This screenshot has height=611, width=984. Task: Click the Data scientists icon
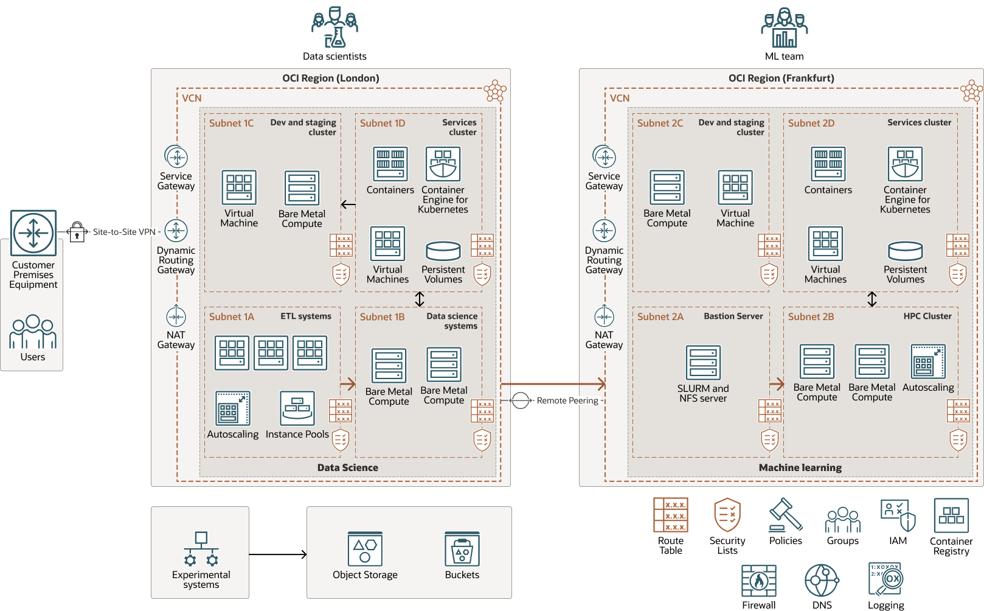pos(334,27)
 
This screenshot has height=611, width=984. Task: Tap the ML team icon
pos(784,27)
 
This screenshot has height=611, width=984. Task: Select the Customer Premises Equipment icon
pos(33,233)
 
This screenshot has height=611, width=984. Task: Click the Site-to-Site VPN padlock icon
pos(77,231)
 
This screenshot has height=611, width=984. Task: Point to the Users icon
pos(33,332)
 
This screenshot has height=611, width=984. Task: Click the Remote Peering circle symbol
pos(521,400)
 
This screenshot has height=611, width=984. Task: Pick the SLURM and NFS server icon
pos(703,363)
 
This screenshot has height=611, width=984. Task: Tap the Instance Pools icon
pos(297,408)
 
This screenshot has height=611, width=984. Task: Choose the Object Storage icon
pos(365,549)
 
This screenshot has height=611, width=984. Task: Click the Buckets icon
pos(462,549)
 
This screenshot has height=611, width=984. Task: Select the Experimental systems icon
pos(201,549)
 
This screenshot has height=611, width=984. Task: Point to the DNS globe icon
pos(822,581)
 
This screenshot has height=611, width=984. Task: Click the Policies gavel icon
pos(786,515)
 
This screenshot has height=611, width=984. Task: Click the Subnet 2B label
pos(811,317)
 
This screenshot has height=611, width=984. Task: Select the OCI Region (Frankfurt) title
pos(781,79)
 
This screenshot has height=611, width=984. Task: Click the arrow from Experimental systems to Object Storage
pos(278,554)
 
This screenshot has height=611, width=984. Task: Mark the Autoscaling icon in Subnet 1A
pos(233,408)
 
